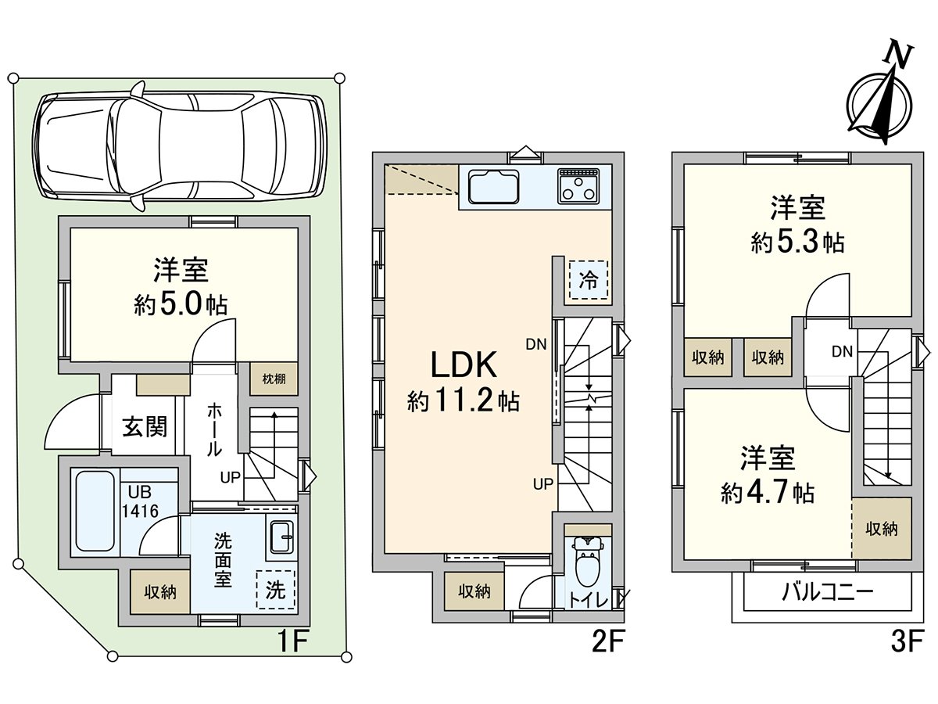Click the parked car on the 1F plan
[x=181, y=149]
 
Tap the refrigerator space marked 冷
[x=589, y=280]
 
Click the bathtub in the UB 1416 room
[x=94, y=512]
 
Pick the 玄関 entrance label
[x=145, y=427]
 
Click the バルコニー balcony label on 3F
[x=827, y=592]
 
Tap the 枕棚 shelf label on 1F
[x=274, y=379]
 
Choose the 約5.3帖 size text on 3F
[x=797, y=243]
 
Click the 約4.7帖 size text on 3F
[x=768, y=493]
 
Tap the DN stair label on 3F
[x=842, y=352]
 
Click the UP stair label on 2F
[x=543, y=483]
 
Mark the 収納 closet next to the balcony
[x=881, y=530]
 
